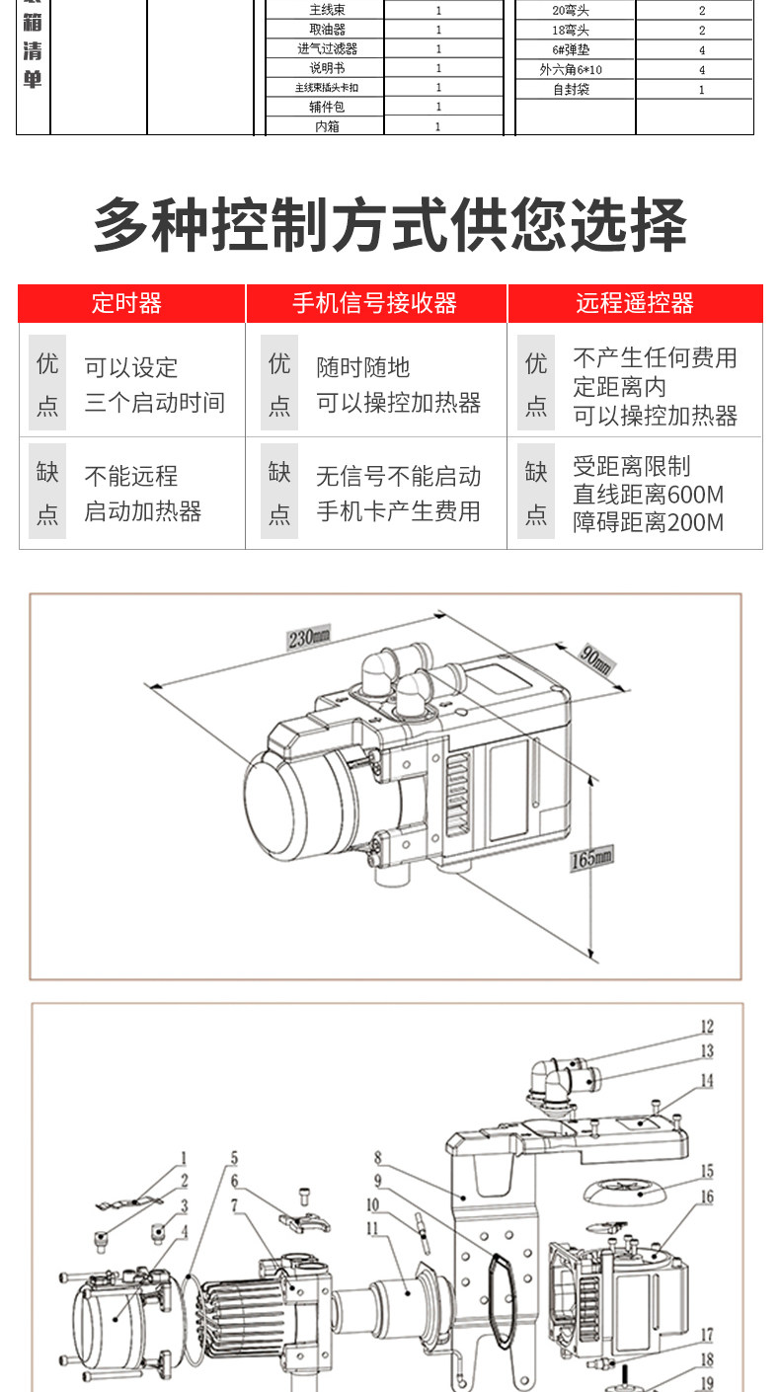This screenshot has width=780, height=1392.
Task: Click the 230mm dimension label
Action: coord(308,637)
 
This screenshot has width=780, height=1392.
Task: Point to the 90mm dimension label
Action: coord(595,660)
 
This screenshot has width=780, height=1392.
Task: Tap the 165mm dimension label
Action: coord(591,859)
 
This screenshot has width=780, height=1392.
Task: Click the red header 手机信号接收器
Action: coord(375,303)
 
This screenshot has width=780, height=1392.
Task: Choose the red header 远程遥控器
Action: coord(635,303)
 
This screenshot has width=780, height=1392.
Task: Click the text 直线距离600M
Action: coord(648,494)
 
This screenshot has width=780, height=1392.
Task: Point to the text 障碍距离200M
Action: coord(648,522)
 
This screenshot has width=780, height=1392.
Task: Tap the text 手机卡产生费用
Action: coord(398,511)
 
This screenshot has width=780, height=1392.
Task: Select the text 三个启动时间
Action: coord(154,403)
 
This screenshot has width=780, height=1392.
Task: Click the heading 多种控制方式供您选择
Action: coord(389,226)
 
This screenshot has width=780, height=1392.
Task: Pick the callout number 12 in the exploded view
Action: coord(707,1027)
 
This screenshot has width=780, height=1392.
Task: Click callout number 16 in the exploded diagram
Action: coord(707,1197)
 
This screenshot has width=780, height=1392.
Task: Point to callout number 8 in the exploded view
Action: coord(378,1157)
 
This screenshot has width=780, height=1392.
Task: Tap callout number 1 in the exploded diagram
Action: coord(184,1157)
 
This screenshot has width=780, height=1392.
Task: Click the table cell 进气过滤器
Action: coord(327,48)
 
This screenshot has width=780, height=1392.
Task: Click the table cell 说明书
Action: coord(327,68)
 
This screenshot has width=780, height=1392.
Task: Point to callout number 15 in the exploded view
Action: coord(707,1171)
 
